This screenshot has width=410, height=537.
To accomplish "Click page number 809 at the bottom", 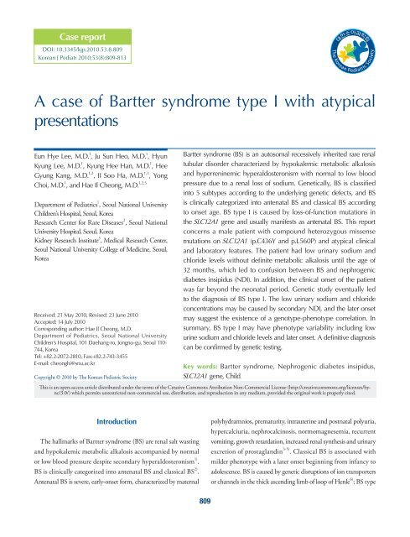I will [205, 524].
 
